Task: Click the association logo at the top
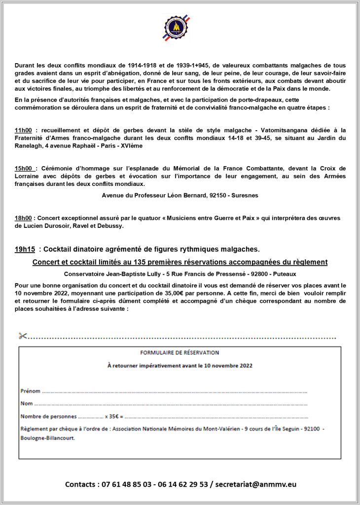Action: (x=176, y=28)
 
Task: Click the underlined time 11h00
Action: (x=24, y=130)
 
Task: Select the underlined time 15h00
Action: (x=24, y=168)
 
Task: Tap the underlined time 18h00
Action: (x=24, y=217)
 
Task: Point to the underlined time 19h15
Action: (x=25, y=249)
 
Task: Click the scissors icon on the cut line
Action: (x=23, y=336)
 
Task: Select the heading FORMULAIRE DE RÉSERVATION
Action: (x=180, y=353)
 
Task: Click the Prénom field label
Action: (x=30, y=391)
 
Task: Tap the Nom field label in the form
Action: (x=26, y=404)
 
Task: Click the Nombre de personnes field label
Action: (x=48, y=416)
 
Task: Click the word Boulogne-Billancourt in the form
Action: (x=48, y=437)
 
